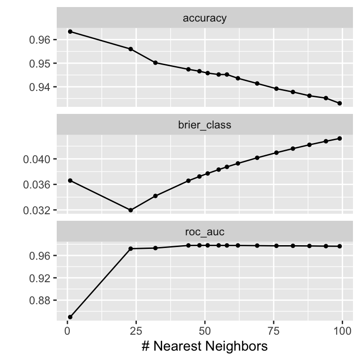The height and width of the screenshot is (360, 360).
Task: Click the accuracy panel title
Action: tap(204, 18)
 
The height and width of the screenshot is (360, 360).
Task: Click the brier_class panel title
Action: tap(204, 125)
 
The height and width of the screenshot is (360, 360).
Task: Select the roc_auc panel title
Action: tap(204, 232)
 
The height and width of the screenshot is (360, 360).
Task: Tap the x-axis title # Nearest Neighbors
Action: tap(204, 346)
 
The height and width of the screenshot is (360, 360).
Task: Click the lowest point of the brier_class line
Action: tap(131, 210)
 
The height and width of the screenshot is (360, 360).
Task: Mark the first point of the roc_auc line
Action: tap(70, 317)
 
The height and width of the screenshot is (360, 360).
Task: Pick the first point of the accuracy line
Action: tap(70, 31)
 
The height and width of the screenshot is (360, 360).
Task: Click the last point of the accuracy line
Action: tap(339, 103)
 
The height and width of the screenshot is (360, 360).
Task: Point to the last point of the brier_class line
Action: tap(339, 138)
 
